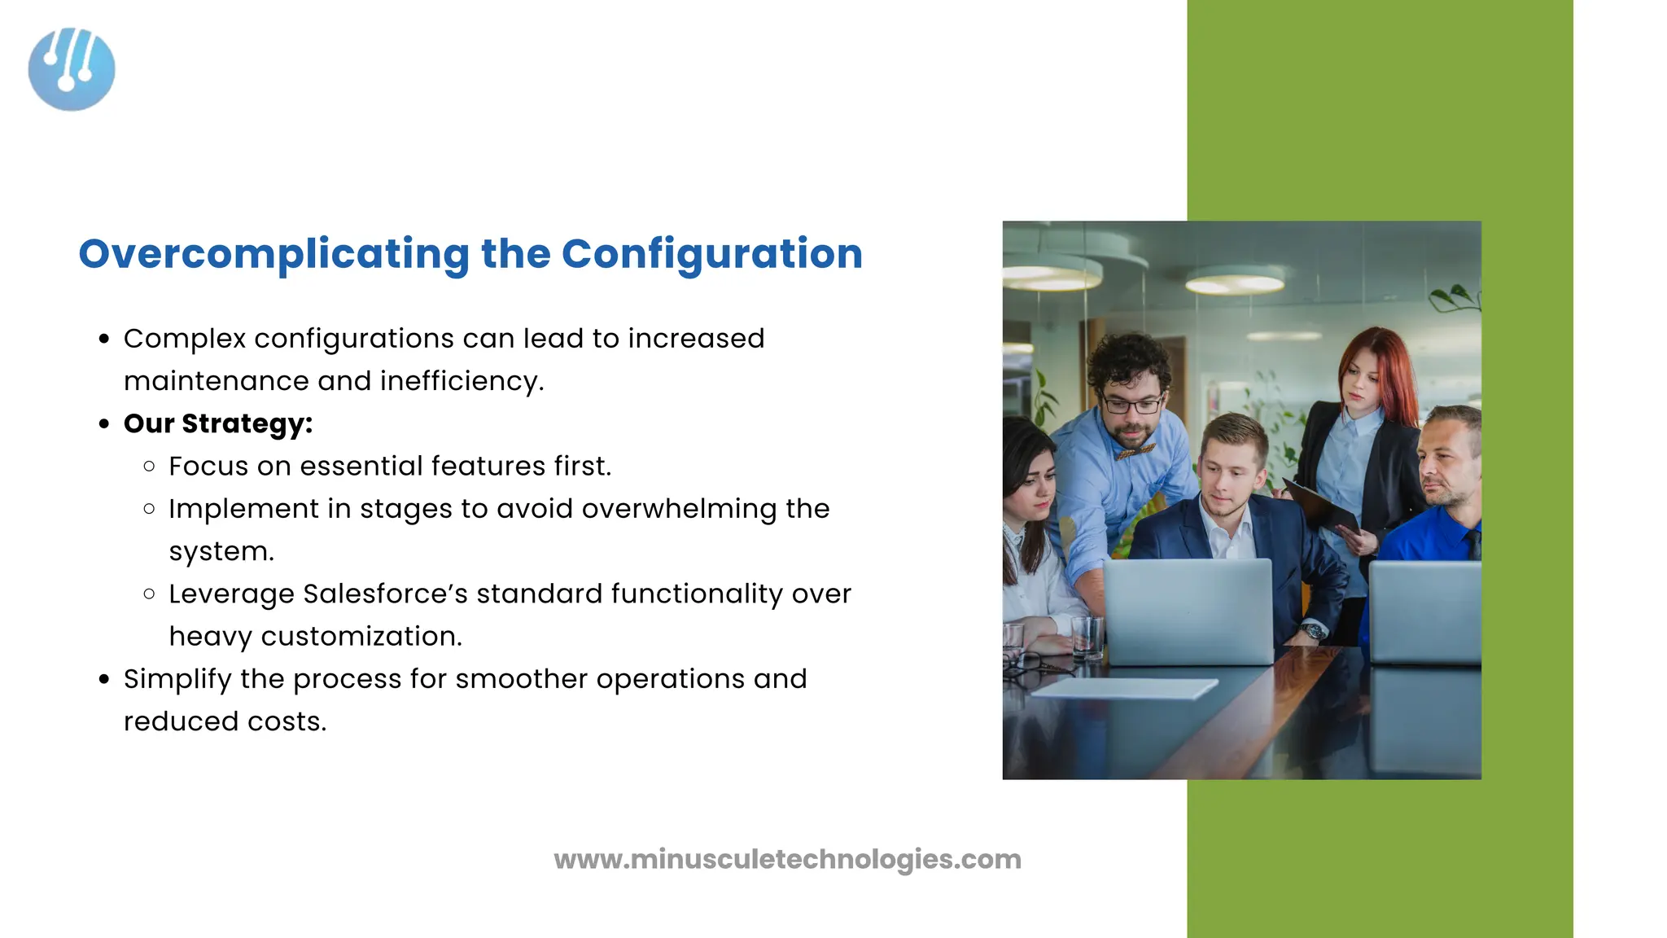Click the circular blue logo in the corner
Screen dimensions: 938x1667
tap(72, 69)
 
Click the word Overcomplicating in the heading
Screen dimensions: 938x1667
tap(273, 254)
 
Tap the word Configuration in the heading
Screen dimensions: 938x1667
tap(711, 254)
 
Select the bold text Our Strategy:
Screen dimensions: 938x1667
tap(218, 423)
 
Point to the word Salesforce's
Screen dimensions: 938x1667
tap(385, 594)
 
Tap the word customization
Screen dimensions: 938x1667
tap(361, 636)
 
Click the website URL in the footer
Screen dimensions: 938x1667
tap(787, 859)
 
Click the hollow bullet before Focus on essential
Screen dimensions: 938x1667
tap(149, 467)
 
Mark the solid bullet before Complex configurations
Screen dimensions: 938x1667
tap(104, 339)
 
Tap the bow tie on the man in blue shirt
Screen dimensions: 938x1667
tap(1135, 450)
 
